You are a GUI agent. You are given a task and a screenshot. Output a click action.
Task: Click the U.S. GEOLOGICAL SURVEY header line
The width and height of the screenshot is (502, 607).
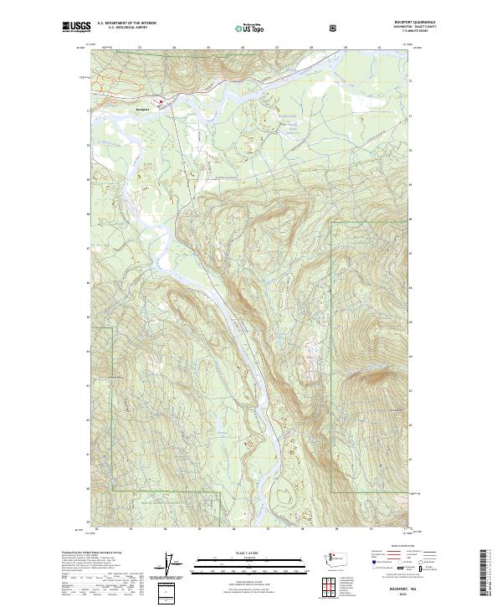(x=118, y=28)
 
